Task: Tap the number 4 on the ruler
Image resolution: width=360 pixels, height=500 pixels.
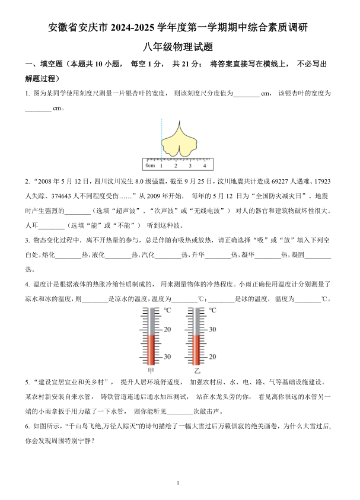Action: pyautogui.click(x=203, y=165)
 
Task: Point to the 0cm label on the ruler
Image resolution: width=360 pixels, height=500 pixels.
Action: pyautogui.click(x=151, y=165)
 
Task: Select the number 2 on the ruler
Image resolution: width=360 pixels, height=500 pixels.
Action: pyautogui.click(x=178, y=165)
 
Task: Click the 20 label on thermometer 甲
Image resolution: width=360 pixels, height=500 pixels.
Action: pyautogui.click(x=167, y=329)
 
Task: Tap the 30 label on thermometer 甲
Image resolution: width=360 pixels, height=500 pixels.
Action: pyautogui.click(x=167, y=356)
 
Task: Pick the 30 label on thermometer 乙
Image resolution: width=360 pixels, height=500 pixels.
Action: pyautogui.click(x=212, y=329)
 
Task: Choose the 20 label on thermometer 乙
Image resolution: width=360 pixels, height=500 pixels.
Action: pyautogui.click(x=212, y=356)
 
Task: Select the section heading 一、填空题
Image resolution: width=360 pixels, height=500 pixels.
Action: pyautogui.click(x=43, y=64)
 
